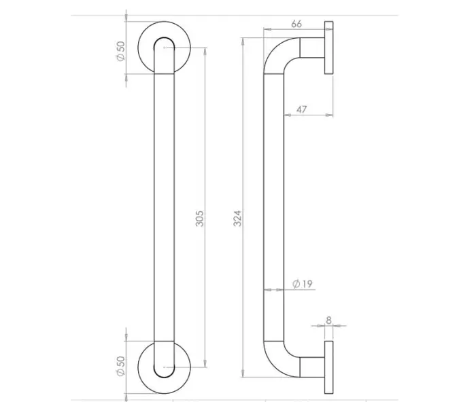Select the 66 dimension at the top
point(296,23)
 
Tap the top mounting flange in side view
point(329,49)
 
